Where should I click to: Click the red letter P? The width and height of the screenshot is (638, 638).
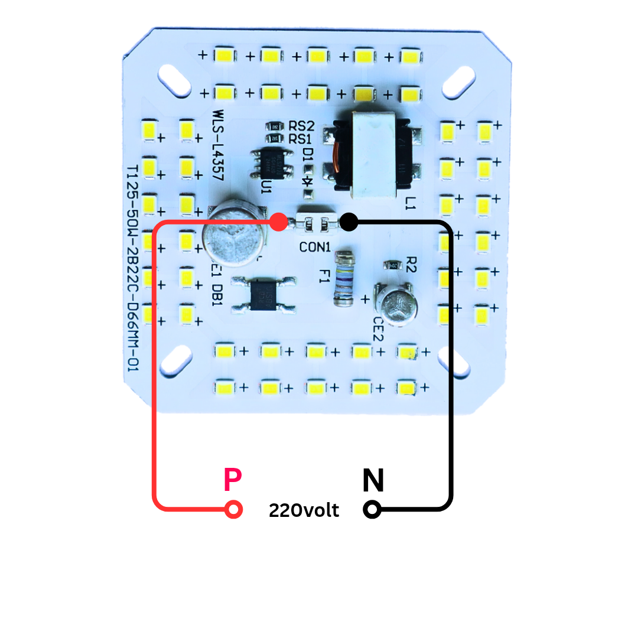(x=233, y=480)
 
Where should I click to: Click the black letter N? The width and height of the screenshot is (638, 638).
(x=373, y=481)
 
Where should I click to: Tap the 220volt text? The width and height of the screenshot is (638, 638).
(x=304, y=510)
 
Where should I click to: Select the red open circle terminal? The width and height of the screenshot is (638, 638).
(x=234, y=509)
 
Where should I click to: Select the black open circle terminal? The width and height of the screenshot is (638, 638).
(x=372, y=509)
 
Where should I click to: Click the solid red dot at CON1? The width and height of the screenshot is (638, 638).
(x=279, y=222)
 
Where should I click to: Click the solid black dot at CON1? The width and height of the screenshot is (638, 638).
(x=349, y=222)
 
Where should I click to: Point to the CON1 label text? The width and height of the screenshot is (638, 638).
(x=315, y=248)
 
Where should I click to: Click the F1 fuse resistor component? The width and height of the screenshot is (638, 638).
(x=343, y=279)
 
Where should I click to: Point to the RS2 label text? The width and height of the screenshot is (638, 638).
(x=301, y=126)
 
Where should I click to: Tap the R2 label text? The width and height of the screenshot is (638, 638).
(x=412, y=264)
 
